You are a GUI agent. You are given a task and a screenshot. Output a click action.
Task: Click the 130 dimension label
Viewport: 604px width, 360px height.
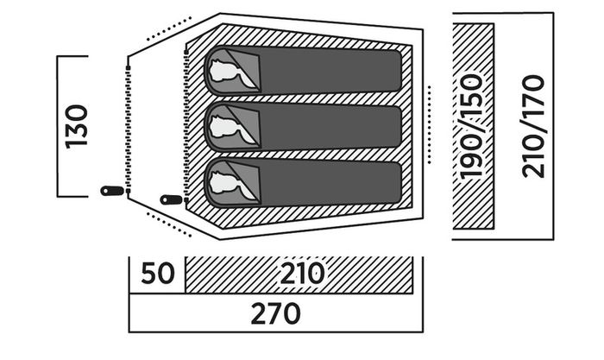(76, 126)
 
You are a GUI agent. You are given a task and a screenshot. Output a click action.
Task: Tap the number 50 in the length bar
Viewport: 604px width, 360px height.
(158, 274)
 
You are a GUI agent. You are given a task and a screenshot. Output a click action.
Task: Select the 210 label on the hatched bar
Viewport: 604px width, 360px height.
(302, 274)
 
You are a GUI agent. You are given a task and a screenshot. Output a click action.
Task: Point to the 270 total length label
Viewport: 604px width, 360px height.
(275, 313)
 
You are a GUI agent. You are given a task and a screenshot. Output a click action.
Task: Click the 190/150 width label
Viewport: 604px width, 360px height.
(472, 126)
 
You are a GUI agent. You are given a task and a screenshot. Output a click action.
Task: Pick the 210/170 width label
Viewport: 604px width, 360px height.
(533, 126)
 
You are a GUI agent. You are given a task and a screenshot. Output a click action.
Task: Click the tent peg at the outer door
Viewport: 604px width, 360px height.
(112, 191)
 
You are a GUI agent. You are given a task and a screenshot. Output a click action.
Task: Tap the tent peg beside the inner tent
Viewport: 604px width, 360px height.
(172, 199)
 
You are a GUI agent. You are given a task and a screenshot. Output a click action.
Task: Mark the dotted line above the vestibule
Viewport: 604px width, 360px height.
(169, 28)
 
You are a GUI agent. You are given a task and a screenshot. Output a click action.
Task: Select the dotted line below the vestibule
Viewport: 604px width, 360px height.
(169, 224)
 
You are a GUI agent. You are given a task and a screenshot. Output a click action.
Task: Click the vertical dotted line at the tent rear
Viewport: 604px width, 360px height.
(430, 124)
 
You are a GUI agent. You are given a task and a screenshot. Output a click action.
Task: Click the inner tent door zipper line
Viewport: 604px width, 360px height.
(186, 126)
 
